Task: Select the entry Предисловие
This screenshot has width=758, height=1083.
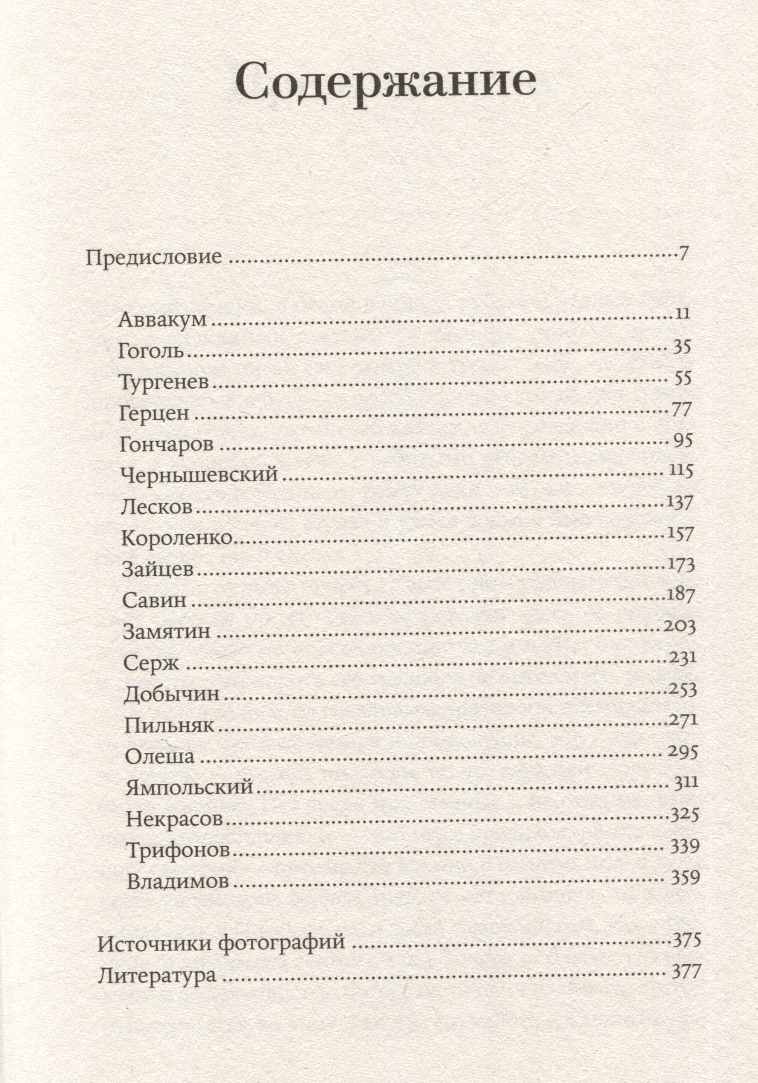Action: pyautogui.click(x=154, y=256)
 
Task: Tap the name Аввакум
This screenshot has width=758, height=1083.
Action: pyautogui.click(x=162, y=319)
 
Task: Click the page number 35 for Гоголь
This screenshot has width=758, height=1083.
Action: pyautogui.click(x=682, y=348)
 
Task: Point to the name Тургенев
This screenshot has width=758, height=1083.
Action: pyautogui.click(x=164, y=383)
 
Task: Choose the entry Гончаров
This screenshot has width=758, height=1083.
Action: pyautogui.click(x=166, y=444)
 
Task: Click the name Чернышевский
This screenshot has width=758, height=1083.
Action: pyautogui.click(x=199, y=474)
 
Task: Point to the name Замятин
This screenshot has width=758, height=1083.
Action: pyautogui.click(x=167, y=631)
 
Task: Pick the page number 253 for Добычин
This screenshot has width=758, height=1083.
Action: pyautogui.click(x=683, y=690)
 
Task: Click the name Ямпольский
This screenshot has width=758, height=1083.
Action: pyautogui.click(x=189, y=787)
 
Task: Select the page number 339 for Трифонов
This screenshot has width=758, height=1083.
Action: pyautogui.click(x=685, y=846)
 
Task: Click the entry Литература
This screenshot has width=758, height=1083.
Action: pyautogui.click(x=157, y=975)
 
